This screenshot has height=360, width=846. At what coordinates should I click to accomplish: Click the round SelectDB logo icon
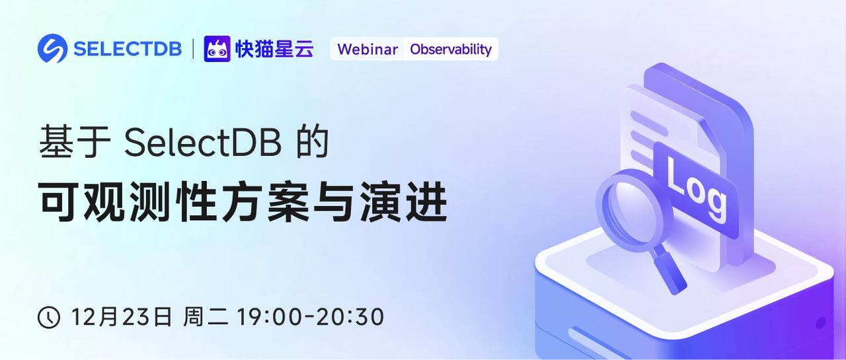pyautogui.click(x=52, y=49)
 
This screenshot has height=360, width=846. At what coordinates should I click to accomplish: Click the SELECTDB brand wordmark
pyautogui.click(x=128, y=50)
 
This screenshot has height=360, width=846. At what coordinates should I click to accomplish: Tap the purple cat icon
pyautogui.click(x=217, y=49)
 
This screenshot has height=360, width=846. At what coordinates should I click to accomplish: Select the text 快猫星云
pyautogui.click(x=274, y=50)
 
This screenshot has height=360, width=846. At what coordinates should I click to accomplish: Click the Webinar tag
pyautogui.click(x=367, y=50)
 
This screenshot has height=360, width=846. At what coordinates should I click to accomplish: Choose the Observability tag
pyautogui.click(x=451, y=50)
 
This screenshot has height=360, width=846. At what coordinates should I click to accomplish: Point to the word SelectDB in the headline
pyautogui.click(x=202, y=143)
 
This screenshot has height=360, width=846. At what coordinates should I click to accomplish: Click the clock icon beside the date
pyautogui.click(x=49, y=318)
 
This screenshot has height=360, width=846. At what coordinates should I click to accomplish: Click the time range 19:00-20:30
pyautogui.click(x=311, y=317)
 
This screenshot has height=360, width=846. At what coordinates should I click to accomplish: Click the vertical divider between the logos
pyautogui.click(x=193, y=49)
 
